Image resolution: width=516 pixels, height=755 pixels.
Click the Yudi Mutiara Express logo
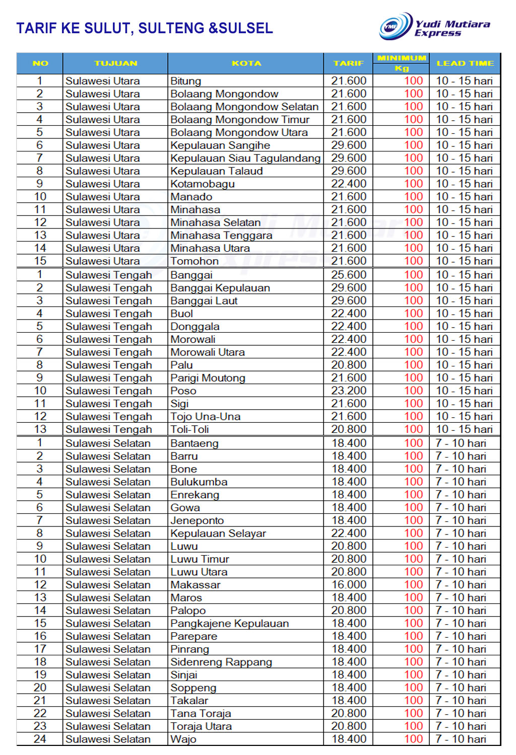(434, 27)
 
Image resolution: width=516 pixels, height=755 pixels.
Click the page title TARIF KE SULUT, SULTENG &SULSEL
(145, 28)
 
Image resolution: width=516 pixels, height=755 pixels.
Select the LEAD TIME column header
(465, 63)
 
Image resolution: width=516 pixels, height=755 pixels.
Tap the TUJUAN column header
(115, 63)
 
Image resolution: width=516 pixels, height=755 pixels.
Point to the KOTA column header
(246, 63)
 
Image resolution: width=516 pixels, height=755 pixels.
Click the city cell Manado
(191, 197)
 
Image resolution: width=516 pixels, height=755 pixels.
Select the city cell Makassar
(196, 585)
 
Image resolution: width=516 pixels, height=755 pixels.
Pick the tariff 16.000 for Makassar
(349, 585)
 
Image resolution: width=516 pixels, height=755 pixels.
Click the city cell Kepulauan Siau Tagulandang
(245, 158)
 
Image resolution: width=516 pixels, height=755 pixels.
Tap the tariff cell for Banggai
(349, 275)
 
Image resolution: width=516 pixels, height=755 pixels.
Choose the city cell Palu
(182, 365)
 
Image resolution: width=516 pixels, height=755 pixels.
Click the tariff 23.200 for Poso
(349, 391)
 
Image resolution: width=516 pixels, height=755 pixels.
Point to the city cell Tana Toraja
(201, 713)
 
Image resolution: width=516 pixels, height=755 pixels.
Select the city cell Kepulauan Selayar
(218, 533)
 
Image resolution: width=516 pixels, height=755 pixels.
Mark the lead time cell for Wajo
(461, 739)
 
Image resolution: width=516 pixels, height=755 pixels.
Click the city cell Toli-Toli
(189, 429)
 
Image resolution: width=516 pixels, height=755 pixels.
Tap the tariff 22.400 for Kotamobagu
(349, 184)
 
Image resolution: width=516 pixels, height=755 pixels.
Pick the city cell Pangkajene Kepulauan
(230, 623)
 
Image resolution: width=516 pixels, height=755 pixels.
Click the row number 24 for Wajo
(40, 739)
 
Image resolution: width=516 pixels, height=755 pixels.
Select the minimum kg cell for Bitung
(413, 81)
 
